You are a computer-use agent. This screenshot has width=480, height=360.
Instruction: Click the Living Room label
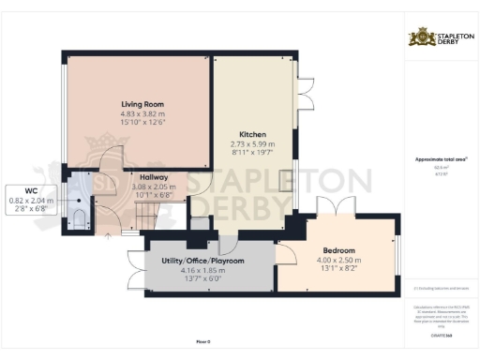142,103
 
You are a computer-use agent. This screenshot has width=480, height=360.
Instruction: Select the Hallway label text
153,177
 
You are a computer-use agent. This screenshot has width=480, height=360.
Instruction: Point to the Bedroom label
339,250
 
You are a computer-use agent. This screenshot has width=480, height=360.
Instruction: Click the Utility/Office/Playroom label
202,260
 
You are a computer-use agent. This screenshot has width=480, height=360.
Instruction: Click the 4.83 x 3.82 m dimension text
142,112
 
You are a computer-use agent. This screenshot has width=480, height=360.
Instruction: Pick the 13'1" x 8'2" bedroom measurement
339,269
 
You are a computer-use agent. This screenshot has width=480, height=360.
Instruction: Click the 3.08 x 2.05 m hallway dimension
153,187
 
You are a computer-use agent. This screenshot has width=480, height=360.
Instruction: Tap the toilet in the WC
80,218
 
